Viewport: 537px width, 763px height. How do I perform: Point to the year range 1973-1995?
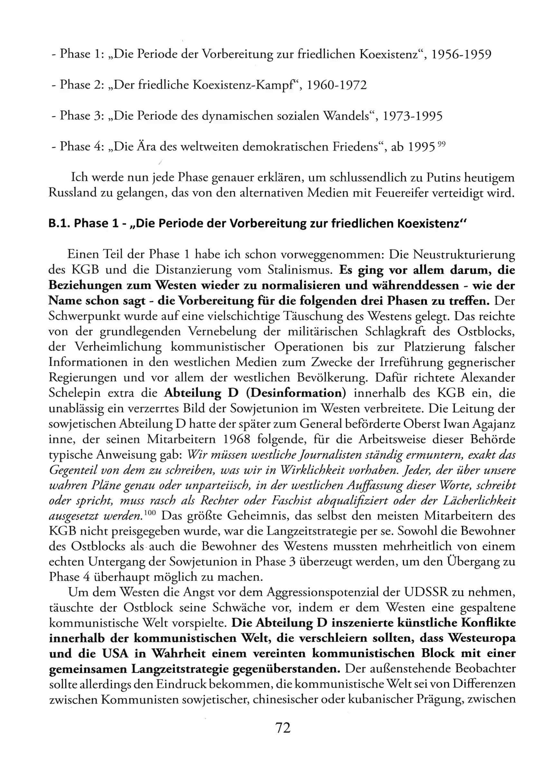412,116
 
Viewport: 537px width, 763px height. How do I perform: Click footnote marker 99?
442,144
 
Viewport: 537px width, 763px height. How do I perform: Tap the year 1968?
237,439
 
